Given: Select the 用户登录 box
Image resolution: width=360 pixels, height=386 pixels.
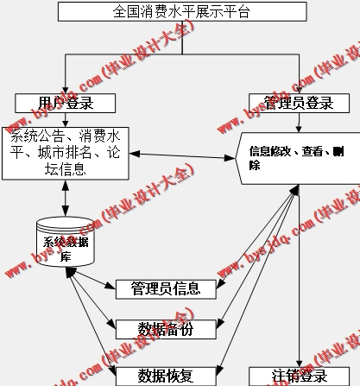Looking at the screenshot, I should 65,103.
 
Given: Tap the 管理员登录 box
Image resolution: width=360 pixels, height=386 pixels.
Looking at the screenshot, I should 298,103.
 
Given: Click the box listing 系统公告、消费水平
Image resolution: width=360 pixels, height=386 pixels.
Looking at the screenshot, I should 65,151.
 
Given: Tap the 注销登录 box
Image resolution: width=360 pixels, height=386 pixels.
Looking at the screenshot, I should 300,376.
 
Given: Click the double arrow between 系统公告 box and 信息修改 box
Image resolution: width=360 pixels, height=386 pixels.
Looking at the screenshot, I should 184,155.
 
